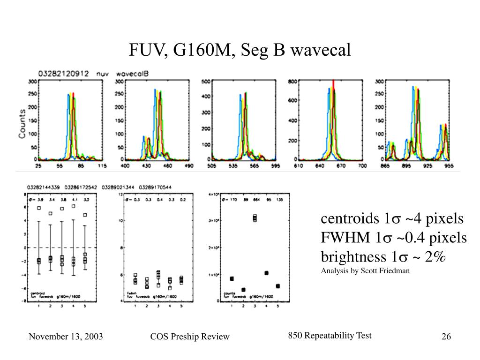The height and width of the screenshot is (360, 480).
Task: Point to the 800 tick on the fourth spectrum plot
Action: click(292, 82)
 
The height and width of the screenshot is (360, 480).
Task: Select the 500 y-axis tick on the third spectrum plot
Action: click(206, 82)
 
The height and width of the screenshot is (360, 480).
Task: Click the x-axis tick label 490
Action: click(188, 166)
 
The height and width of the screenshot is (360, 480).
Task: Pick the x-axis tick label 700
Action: click(362, 166)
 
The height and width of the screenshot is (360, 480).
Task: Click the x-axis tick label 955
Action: click(448, 166)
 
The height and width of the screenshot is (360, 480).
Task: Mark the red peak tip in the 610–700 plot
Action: click(333, 82)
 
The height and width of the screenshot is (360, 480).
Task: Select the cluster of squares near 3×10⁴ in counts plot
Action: click(255, 218)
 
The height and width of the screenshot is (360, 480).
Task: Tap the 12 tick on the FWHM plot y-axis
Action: click(120, 194)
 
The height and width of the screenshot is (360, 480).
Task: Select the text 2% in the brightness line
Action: click(437, 257)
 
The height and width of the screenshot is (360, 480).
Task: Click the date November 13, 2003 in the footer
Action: click(66, 337)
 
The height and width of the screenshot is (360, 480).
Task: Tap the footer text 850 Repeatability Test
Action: click(330, 336)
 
